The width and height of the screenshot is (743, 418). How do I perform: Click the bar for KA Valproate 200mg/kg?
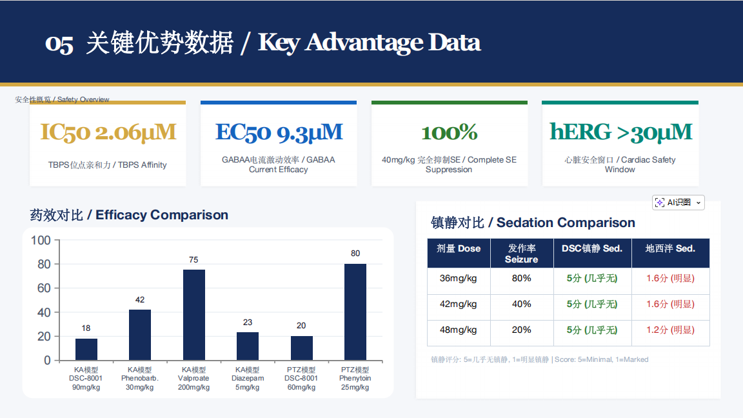(x=193, y=315)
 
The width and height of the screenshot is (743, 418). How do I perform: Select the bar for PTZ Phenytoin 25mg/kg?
(x=355, y=312)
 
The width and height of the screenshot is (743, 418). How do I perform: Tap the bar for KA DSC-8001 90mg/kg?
(x=86, y=349)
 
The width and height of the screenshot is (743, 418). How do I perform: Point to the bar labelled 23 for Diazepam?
(x=248, y=346)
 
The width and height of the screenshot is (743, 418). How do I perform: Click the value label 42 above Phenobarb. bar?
(x=140, y=300)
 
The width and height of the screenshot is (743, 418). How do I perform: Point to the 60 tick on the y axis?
(x=44, y=288)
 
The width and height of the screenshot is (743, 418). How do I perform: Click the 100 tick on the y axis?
(x=41, y=240)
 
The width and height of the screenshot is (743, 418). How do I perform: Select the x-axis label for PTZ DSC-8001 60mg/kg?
(x=301, y=378)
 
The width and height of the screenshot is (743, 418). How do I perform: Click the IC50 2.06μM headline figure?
(x=108, y=132)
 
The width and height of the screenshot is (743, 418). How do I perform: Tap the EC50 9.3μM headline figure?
(x=279, y=132)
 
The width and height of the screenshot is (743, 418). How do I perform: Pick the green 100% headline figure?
(x=449, y=132)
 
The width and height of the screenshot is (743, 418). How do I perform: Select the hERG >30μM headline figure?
(x=620, y=132)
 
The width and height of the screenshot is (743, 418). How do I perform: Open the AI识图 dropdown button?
(x=678, y=203)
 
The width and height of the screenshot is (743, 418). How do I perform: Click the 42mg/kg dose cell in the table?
(x=458, y=304)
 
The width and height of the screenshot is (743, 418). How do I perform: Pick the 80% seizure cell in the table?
(x=521, y=278)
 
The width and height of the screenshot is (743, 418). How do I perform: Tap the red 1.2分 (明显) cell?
(x=670, y=330)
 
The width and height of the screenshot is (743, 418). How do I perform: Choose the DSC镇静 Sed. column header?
(x=592, y=248)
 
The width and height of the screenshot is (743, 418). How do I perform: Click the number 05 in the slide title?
(x=59, y=44)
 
